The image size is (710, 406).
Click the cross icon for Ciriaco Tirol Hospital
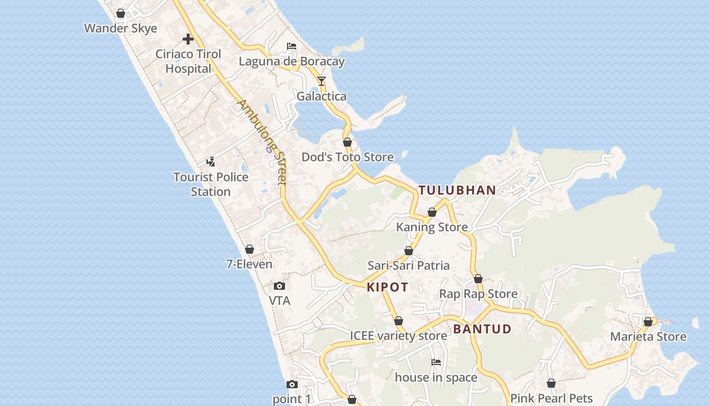[x=188, y=39]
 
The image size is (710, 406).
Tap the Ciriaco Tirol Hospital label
[x=188, y=61]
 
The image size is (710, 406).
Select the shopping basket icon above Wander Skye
[x=121, y=13]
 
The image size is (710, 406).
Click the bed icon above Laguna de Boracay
[x=292, y=46]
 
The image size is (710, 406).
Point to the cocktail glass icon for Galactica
[x=322, y=81]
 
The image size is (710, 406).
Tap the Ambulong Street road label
[x=263, y=142]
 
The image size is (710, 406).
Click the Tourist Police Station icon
[x=210, y=162]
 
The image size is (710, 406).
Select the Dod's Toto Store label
[x=347, y=157]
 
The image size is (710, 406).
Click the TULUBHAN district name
[x=457, y=190]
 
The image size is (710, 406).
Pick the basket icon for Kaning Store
[x=432, y=212]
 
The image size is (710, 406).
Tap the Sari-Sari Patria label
[x=408, y=265]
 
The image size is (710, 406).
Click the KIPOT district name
[x=387, y=287]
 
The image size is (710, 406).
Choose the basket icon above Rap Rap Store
[x=478, y=279]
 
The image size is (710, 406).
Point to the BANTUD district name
[x=482, y=329]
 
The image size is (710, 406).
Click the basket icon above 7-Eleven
[x=249, y=249]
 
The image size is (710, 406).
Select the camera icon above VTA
[x=279, y=286]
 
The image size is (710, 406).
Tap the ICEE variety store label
[x=399, y=336]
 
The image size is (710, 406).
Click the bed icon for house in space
[x=436, y=362]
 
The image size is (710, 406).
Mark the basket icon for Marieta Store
[x=648, y=322]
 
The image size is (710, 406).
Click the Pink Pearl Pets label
[x=551, y=398]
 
